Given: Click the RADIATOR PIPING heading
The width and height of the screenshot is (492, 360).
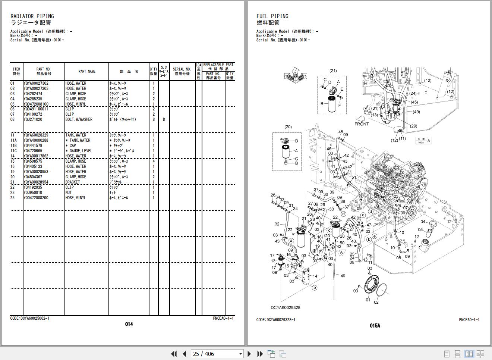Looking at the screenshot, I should (x=32, y=16).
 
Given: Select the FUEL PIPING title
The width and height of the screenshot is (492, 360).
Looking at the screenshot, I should (x=272, y=16).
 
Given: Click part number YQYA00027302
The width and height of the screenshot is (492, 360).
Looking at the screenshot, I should (x=36, y=84).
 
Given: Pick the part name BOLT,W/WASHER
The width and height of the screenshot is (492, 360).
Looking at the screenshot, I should (x=79, y=120).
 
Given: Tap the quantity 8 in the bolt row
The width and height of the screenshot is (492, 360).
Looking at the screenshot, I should (x=154, y=120).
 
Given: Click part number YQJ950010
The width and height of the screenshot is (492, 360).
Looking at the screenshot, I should (x=33, y=193).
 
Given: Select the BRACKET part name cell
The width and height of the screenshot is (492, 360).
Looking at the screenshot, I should (x=73, y=182).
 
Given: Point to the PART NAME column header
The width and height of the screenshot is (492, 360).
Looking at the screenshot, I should (x=87, y=71).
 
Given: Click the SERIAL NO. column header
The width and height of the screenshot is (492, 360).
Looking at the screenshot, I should (x=182, y=71).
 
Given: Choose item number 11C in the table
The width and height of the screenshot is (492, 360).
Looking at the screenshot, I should (x=13, y=151).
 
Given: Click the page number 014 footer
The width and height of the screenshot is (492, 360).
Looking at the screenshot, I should (x=129, y=324).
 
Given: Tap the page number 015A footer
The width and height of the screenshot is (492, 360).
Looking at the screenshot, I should (x=375, y=326).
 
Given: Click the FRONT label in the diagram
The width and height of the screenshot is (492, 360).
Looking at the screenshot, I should (x=361, y=124).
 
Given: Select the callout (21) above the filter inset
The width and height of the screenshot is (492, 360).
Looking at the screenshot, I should (x=333, y=71).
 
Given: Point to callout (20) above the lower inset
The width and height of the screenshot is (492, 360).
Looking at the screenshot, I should (x=288, y=127).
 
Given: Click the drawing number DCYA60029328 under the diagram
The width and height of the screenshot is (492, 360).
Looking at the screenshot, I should (x=285, y=307).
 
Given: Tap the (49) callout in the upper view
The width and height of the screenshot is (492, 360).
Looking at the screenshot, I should (x=416, y=112).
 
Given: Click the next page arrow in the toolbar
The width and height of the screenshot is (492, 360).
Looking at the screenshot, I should (x=249, y=354).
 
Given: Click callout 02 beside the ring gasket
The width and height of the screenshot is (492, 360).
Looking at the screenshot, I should (x=376, y=302).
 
